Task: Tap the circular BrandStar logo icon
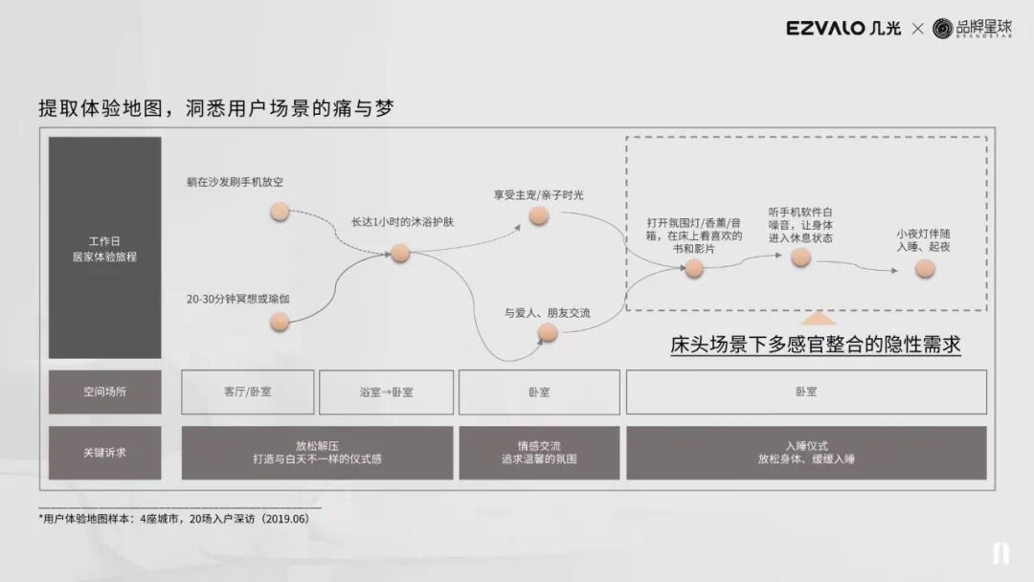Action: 942,29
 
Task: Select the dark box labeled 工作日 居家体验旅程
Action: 104,248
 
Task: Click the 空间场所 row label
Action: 104,392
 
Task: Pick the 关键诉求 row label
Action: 104,453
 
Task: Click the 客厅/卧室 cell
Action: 247,392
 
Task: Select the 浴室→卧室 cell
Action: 386,392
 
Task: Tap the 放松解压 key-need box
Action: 317,453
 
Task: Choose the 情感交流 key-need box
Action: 538,453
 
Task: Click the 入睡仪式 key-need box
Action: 806,453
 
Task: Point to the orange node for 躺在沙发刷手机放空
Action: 280,212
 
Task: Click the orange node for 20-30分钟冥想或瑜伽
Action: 280,323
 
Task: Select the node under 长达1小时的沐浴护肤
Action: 400,253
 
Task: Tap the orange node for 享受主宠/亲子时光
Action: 539,216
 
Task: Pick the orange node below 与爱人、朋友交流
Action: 548,332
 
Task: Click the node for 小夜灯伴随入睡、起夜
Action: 924,269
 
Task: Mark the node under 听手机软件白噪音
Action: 801,257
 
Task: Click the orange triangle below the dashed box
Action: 817,320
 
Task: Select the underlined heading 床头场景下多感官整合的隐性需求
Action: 816,345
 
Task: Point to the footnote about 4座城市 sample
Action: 174,518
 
